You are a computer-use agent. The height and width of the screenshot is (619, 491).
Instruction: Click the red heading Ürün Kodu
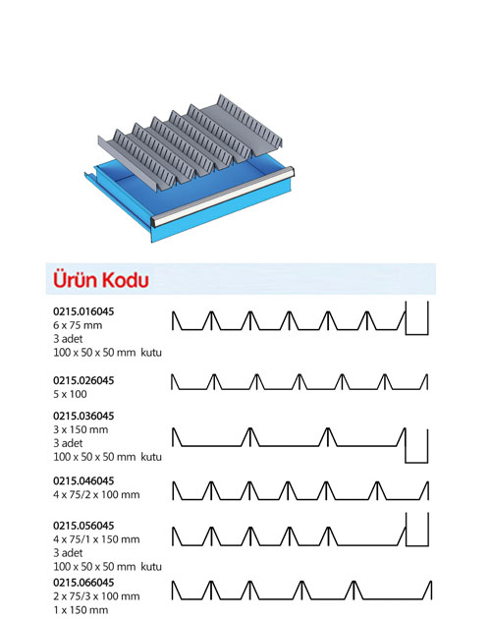point(101,279)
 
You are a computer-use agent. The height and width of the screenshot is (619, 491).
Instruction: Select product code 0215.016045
point(83,311)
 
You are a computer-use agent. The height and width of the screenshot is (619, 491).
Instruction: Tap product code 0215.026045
point(83,380)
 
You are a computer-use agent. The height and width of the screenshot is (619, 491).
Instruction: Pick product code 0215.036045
point(83,416)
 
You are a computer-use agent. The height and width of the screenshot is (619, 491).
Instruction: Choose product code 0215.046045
point(83,480)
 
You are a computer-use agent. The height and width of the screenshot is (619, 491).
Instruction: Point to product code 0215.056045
point(83,526)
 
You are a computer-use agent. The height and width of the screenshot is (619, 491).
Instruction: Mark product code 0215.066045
point(83,583)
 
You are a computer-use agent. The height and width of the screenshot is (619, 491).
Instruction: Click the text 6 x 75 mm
point(78,325)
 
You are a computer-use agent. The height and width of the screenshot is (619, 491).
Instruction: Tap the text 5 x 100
point(70,394)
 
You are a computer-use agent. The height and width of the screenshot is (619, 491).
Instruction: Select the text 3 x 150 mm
point(81,429)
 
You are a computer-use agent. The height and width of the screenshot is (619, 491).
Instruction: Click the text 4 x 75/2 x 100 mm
point(96,494)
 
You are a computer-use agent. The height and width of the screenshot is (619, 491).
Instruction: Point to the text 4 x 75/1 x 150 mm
point(96,539)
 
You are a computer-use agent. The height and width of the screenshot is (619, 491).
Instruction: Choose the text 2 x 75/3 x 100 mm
point(96,596)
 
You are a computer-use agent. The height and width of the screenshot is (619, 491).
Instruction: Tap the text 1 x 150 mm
point(81,610)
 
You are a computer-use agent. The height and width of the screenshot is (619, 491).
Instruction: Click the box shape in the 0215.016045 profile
point(416,335)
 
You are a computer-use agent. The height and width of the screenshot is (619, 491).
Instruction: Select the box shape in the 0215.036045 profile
point(416,462)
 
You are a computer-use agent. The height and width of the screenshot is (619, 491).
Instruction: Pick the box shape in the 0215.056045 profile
point(417,545)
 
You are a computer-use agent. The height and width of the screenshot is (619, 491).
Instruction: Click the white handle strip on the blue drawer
point(223,197)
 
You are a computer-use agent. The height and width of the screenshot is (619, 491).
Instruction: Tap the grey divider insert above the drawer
point(191,139)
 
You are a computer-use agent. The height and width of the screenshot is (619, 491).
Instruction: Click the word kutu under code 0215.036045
point(151,457)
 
